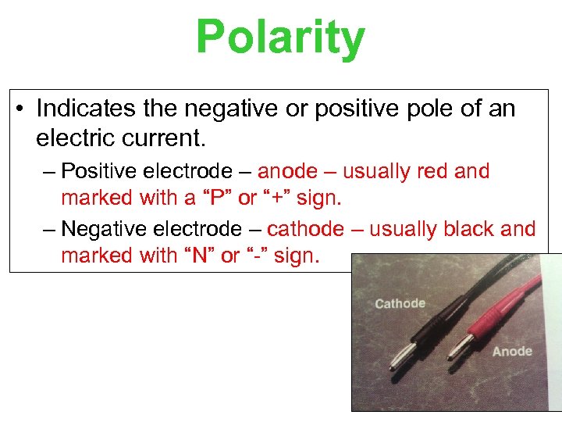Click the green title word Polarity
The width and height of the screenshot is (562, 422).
(280, 38)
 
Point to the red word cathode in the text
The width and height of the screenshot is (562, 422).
(305, 229)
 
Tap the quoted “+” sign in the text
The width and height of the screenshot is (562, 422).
(278, 198)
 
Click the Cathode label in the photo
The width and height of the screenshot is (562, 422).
(400, 303)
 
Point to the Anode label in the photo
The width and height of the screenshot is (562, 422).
(512, 352)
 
